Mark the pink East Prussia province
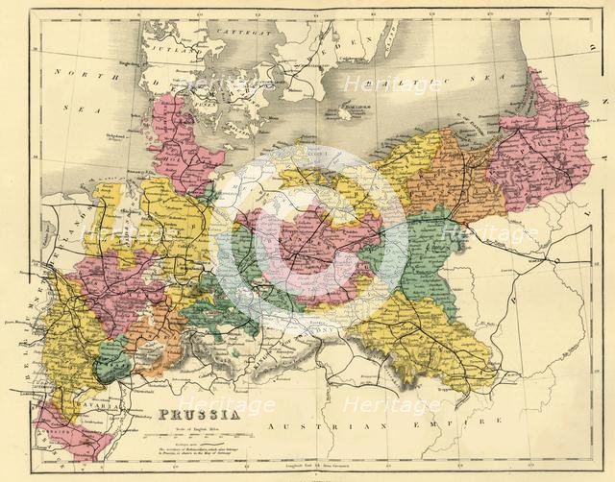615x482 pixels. click(x=538, y=144)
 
